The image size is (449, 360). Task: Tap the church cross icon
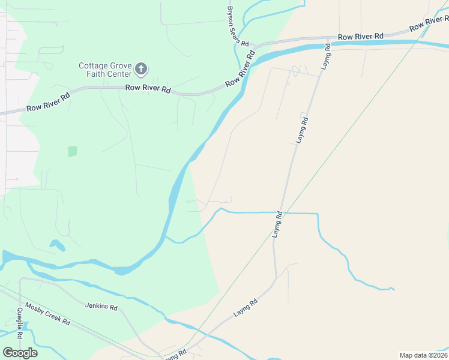(142, 69)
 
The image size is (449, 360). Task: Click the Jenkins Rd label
(101, 306)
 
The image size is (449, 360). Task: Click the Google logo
(20, 353)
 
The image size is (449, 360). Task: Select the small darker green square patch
(73, 151)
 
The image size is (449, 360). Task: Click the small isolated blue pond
(58, 245)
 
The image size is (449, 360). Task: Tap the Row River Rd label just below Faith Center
(148, 89)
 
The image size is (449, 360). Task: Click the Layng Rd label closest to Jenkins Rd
(246, 308)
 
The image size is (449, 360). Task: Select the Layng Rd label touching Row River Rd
(326, 55)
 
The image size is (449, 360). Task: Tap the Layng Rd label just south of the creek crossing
(278, 224)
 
